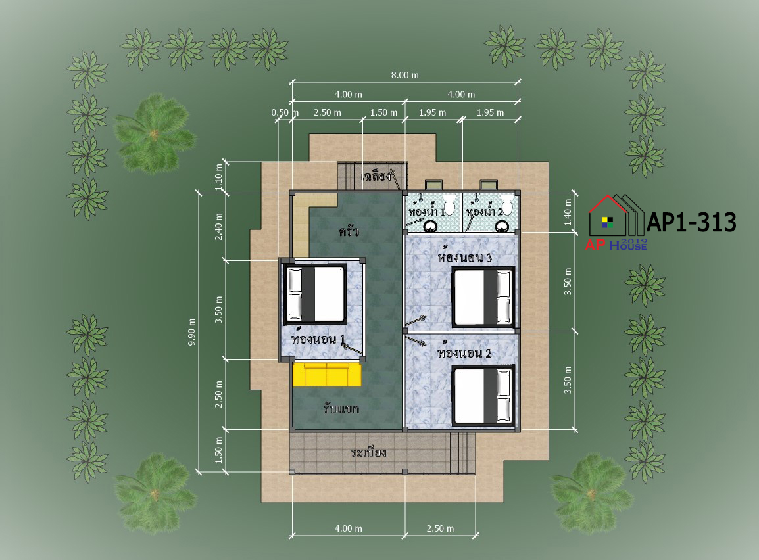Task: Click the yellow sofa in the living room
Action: click(x=327, y=375)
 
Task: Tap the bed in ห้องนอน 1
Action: click(x=315, y=294)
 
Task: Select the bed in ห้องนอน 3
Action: click(x=483, y=297)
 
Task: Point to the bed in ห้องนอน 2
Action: click(x=483, y=396)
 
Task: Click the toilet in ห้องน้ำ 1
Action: click(x=449, y=206)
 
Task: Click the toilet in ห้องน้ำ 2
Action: click(x=507, y=206)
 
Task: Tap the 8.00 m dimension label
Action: click(x=404, y=75)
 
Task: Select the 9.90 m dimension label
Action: click(x=191, y=332)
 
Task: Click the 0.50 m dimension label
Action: click(x=285, y=112)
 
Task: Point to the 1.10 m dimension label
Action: click(x=218, y=177)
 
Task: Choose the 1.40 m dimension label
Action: click(x=568, y=212)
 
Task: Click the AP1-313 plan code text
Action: click(x=691, y=222)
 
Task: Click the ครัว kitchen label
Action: click(x=349, y=231)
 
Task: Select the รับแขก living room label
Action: click(x=341, y=409)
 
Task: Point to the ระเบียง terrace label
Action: click(x=368, y=453)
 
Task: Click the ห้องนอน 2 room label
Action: click(x=464, y=353)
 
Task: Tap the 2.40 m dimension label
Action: click(x=218, y=226)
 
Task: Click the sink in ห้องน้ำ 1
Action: click(x=430, y=226)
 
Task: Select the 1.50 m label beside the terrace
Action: click(x=218, y=450)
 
